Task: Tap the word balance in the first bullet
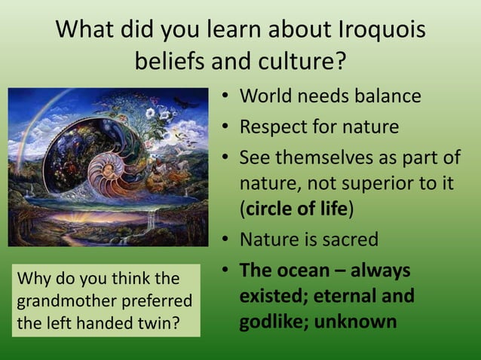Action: coord(381,97)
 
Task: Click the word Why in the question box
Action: coord(31,279)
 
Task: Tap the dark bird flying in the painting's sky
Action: coord(184,101)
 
